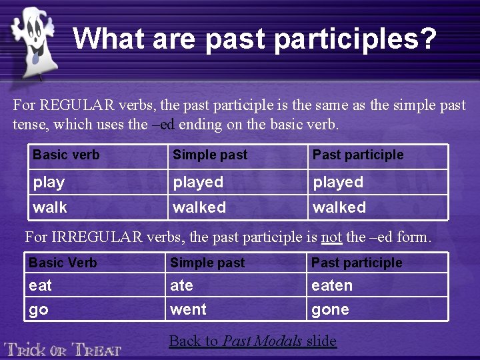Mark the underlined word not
pos(331,237)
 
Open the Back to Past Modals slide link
pos(253,341)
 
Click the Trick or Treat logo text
pos(63,348)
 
